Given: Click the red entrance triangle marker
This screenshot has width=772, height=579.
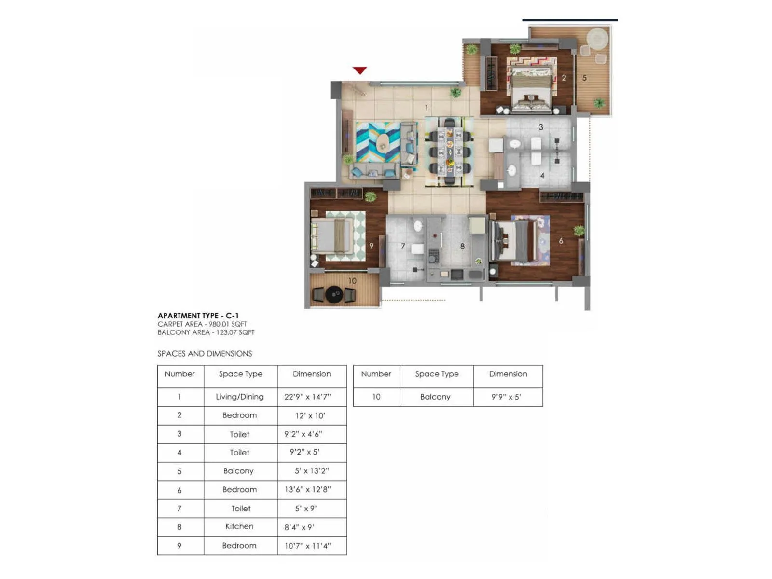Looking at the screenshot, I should [x=359, y=70].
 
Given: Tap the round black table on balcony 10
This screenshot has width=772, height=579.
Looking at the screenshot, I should [x=334, y=294].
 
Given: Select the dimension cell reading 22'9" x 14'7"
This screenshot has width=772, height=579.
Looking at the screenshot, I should [x=308, y=397].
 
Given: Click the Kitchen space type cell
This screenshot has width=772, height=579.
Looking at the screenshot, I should [x=240, y=526].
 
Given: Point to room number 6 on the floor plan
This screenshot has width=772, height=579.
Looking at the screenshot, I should [x=561, y=241].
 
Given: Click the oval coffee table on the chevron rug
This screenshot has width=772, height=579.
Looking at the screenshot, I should [x=383, y=142].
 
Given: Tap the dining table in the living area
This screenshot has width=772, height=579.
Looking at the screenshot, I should [x=450, y=151].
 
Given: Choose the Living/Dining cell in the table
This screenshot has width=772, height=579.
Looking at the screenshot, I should [x=240, y=397].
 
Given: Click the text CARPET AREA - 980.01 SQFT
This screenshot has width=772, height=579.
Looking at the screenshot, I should [x=202, y=324].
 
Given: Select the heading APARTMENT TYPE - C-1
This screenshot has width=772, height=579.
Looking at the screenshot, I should [x=198, y=316].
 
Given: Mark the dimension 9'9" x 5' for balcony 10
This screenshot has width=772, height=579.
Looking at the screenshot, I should [x=506, y=397].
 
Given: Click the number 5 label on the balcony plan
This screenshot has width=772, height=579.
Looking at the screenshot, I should [x=584, y=78].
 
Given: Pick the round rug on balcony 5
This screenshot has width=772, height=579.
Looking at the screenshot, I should [x=598, y=38].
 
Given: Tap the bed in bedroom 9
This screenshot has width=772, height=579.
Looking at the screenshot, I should [x=331, y=236].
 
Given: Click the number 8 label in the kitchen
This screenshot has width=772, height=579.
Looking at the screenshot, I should [x=462, y=247].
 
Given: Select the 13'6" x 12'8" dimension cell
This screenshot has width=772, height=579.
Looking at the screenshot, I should [x=308, y=489].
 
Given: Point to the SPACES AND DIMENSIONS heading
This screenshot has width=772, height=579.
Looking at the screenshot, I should [x=205, y=354].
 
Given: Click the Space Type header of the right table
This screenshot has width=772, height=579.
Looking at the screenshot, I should [x=437, y=374].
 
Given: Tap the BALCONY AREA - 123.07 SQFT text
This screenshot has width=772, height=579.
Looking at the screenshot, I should [x=206, y=332].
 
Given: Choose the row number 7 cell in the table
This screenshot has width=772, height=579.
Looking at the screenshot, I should [x=179, y=508].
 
